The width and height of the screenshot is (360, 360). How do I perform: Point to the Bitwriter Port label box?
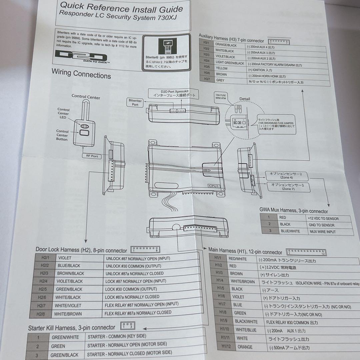tap(135, 102)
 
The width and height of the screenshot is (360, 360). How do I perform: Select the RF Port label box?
tap(92, 156)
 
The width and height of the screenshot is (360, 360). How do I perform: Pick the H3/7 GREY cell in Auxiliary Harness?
tap(220, 80)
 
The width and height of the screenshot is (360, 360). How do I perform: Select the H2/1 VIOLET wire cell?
tap(65, 258)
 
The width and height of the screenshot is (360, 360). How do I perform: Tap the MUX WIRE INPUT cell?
tap(322, 231)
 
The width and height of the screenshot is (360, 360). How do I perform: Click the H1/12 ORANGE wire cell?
tap(245, 347)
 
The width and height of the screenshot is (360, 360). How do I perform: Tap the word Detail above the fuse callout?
tap(245, 99)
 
